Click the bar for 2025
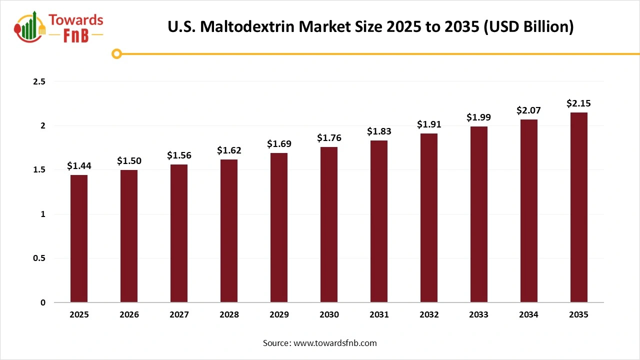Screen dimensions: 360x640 [x=79, y=238]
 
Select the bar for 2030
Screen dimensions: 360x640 [x=329, y=224]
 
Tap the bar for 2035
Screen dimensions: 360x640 [x=579, y=207]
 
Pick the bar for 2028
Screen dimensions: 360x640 [x=229, y=230]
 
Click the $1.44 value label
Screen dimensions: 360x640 [x=79, y=166]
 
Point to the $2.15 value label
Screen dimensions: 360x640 [x=579, y=103]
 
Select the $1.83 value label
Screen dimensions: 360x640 [x=379, y=131]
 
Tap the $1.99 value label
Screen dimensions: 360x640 [x=479, y=117]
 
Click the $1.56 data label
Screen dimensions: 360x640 [x=179, y=155]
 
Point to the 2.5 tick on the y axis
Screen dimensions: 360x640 [x=39, y=81]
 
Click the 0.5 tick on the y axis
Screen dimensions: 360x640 [x=39, y=258]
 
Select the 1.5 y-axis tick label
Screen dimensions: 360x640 [x=39, y=170]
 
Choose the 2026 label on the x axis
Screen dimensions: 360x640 [x=129, y=315]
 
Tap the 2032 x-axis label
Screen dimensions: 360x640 [x=429, y=315]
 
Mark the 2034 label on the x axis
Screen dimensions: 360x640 [x=529, y=315]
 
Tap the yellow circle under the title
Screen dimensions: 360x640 [x=116, y=53]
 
